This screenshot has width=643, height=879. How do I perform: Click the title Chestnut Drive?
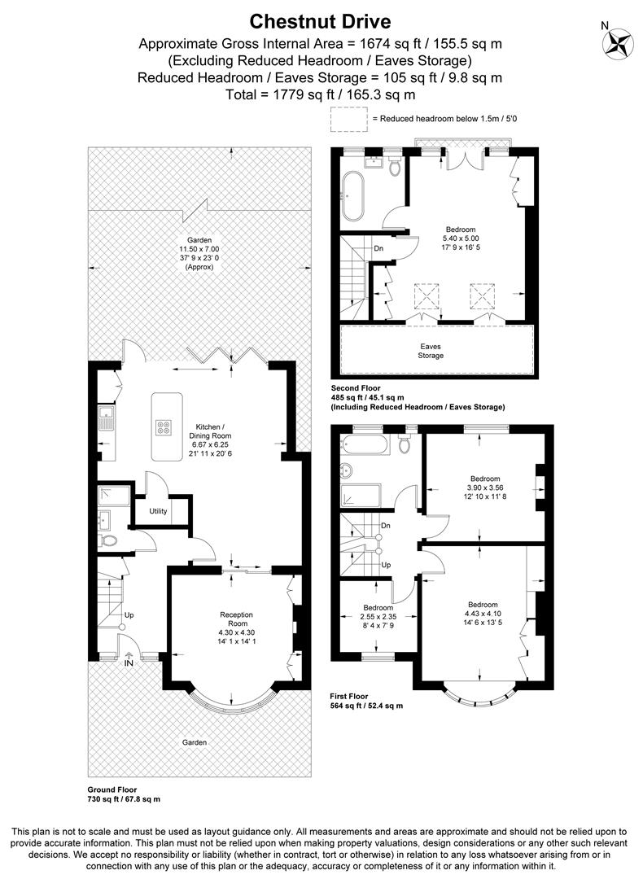click(x=320, y=21)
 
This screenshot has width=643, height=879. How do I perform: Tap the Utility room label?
click(x=158, y=511)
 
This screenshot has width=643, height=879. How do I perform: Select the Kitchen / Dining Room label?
click(x=210, y=431)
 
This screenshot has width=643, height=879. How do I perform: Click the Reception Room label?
click(x=237, y=619)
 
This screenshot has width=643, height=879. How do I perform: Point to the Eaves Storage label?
click(x=431, y=351)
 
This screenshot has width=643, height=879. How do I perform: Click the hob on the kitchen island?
click(x=164, y=428)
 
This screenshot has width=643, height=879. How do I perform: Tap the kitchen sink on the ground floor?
click(x=106, y=418)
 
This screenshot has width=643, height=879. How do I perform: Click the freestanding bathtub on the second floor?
click(x=352, y=196)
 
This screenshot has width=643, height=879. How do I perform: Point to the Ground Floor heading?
click(x=112, y=789)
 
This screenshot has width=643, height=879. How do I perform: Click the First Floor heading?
click(x=349, y=697)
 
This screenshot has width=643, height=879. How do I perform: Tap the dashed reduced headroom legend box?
click(x=348, y=119)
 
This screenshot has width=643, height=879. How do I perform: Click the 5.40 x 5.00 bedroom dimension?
click(x=461, y=238)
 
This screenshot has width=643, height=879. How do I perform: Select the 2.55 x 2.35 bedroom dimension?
click(x=378, y=617)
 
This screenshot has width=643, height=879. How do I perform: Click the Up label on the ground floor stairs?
click(x=129, y=615)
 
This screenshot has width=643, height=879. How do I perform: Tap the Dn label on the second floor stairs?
click(x=378, y=248)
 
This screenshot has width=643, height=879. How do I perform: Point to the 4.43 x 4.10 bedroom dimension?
click(x=483, y=614)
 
